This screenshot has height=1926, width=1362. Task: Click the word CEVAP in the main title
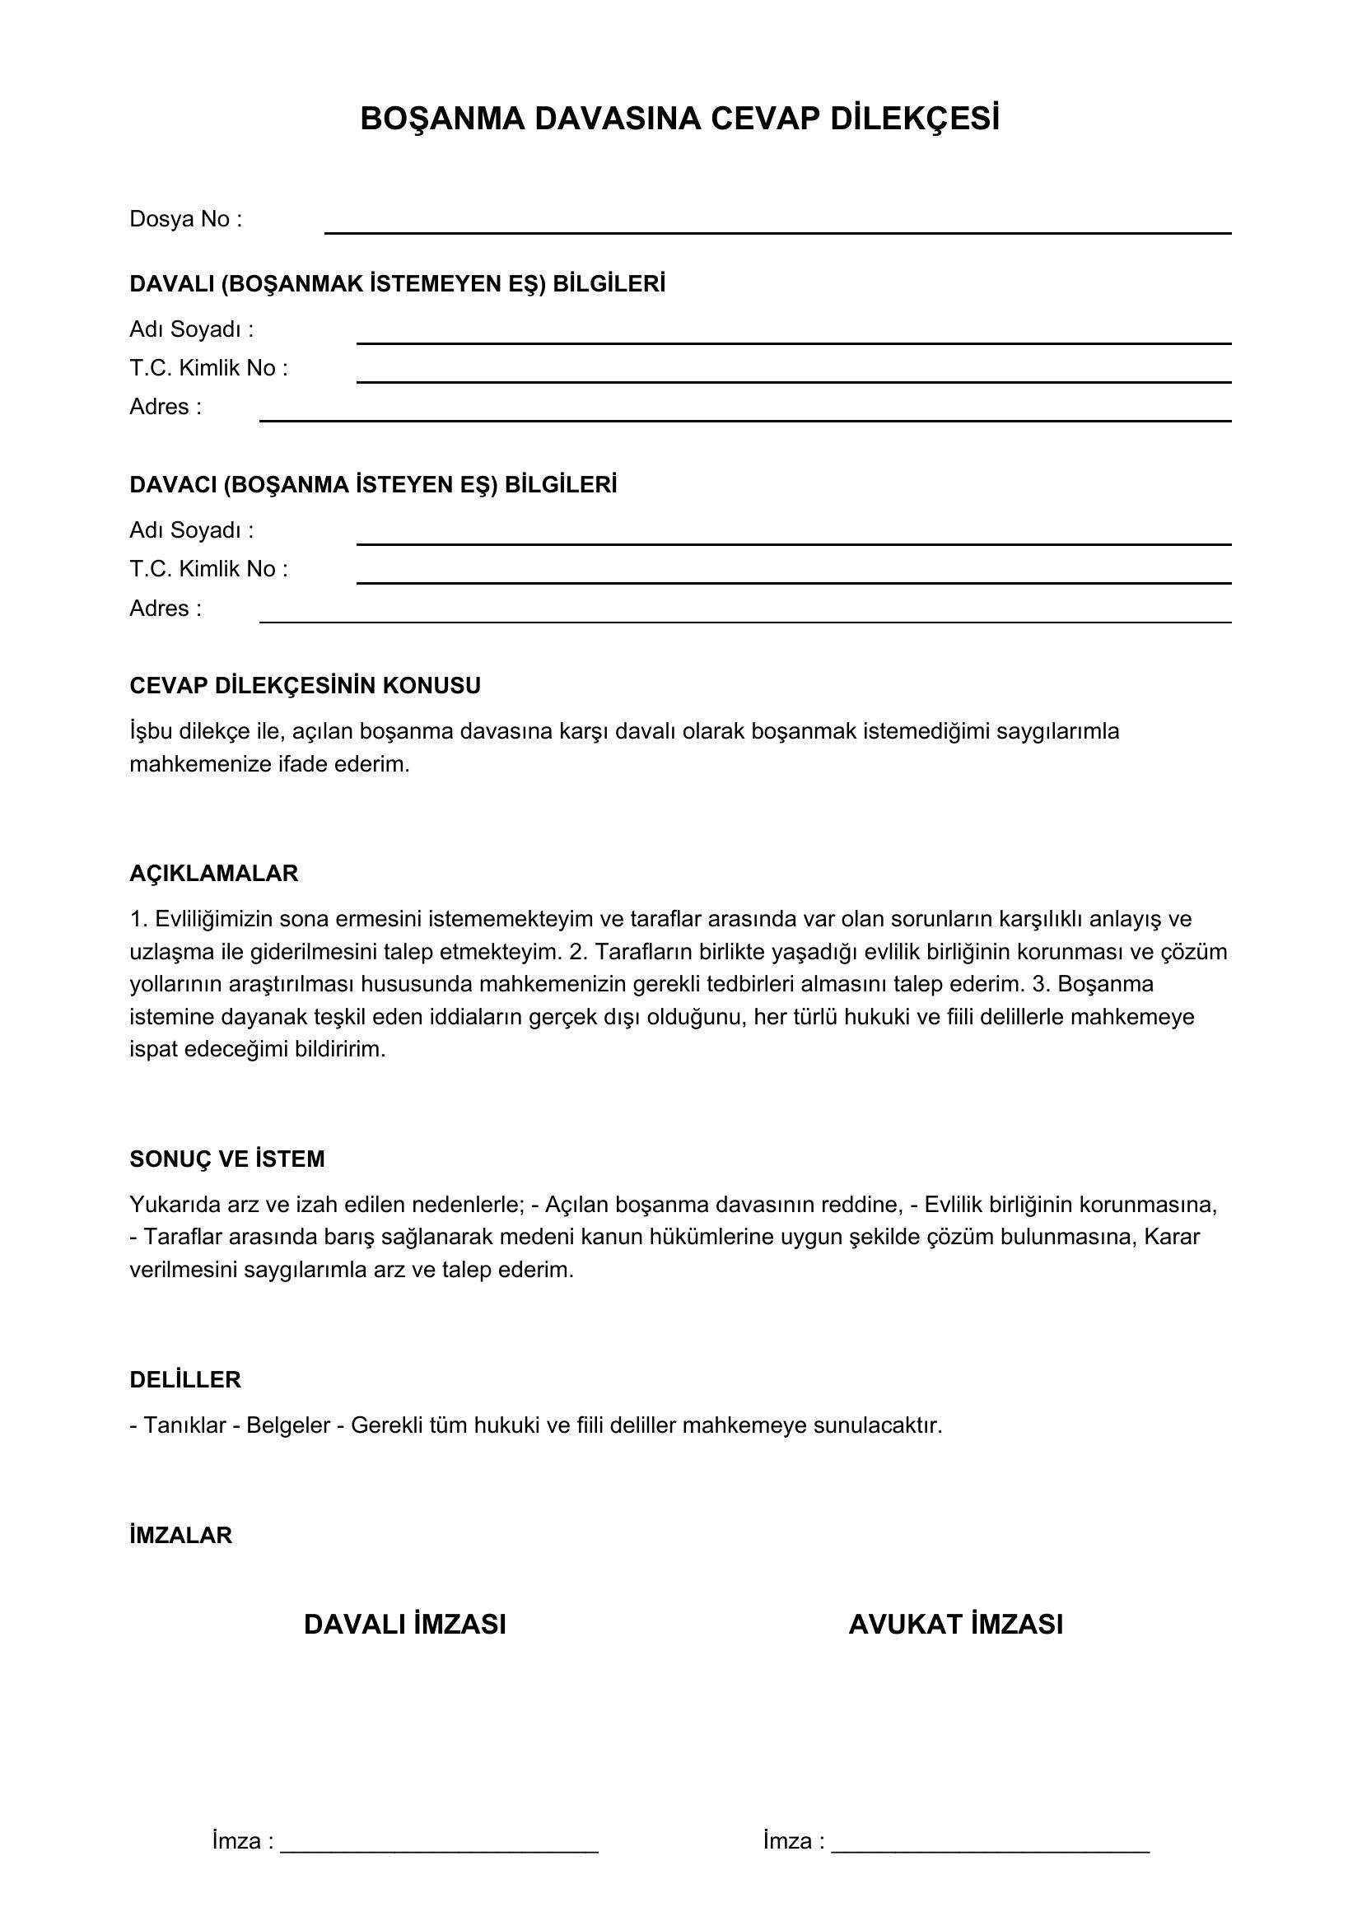pos(764,119)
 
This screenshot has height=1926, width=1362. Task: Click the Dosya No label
pos(185,220)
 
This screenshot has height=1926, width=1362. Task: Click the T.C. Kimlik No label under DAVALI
pos(208,368)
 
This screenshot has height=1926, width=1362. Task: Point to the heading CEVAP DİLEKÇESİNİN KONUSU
pos(306,686)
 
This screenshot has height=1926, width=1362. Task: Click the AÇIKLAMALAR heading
pos(214,874)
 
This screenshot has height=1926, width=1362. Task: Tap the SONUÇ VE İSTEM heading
pos(227,1159)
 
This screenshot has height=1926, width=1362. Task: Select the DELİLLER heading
pos(185,1380)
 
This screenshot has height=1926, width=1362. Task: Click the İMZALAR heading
pos(181,1536)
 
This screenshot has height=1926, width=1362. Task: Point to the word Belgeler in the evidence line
pos(287,1426)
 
